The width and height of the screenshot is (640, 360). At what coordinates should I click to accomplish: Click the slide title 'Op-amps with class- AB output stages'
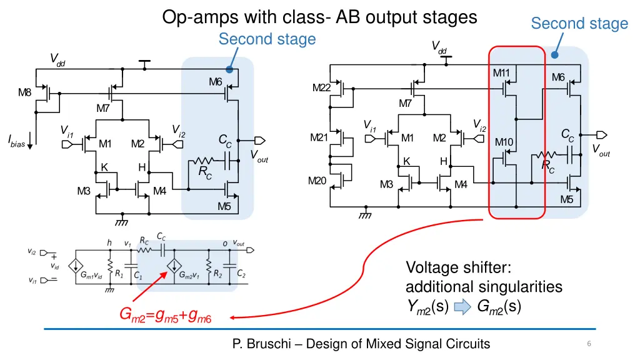pos(319,17)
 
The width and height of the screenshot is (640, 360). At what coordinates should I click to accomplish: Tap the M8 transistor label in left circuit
pos(24,93)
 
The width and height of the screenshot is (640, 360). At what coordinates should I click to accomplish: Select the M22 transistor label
pos(321,87)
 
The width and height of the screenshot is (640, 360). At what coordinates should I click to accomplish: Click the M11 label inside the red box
pos(501,72)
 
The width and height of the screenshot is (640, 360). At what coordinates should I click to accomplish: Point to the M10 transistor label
pos(504,142)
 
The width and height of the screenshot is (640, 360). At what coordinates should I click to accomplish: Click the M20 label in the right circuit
pos(317,181)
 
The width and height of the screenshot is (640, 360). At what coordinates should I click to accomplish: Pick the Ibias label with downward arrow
pos(17,143)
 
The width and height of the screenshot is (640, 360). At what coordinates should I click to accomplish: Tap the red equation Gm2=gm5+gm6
pos(166,317)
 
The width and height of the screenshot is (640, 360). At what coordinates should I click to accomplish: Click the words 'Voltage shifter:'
pos(458,267)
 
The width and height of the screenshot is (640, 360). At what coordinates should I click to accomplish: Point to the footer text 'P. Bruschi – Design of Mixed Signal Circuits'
pos(361,343)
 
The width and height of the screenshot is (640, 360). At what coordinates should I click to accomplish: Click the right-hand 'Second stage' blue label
pos(579,24)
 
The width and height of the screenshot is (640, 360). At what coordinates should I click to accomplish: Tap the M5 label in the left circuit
pos(224,207)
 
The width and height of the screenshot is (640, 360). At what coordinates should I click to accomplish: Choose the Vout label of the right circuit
pos(601,151)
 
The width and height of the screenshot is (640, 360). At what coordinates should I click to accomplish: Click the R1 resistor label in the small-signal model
pos(119,274)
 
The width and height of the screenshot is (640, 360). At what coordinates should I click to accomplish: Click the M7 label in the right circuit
pos(406,104)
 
